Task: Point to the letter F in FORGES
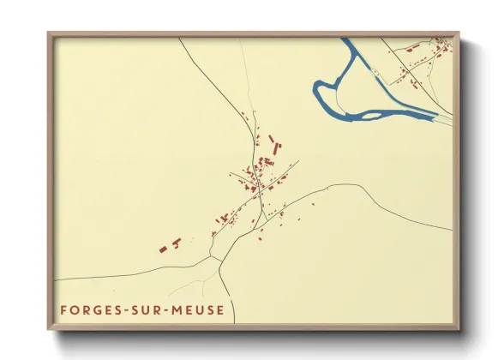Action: click(x=63, y=309)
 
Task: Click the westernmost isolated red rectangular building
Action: click(x=163, y=249)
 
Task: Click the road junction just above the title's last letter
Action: click(x=220, y=256)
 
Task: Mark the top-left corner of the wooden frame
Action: click(x=49, y=33)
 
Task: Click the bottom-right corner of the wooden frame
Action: click(x=459, y=329)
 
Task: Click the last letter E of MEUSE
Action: click(x=221, y=309)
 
